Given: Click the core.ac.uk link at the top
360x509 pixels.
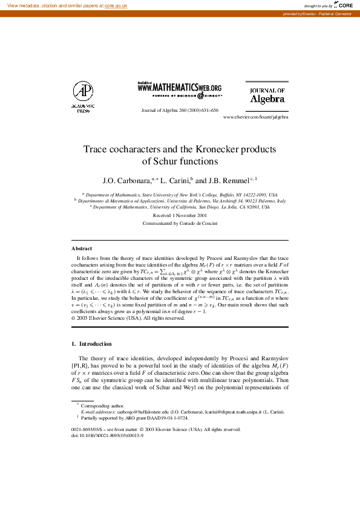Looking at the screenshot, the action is coord(117,4).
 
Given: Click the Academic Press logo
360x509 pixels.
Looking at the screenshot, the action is coord(83,97).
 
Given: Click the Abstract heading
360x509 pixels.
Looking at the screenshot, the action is coord(82,248).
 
